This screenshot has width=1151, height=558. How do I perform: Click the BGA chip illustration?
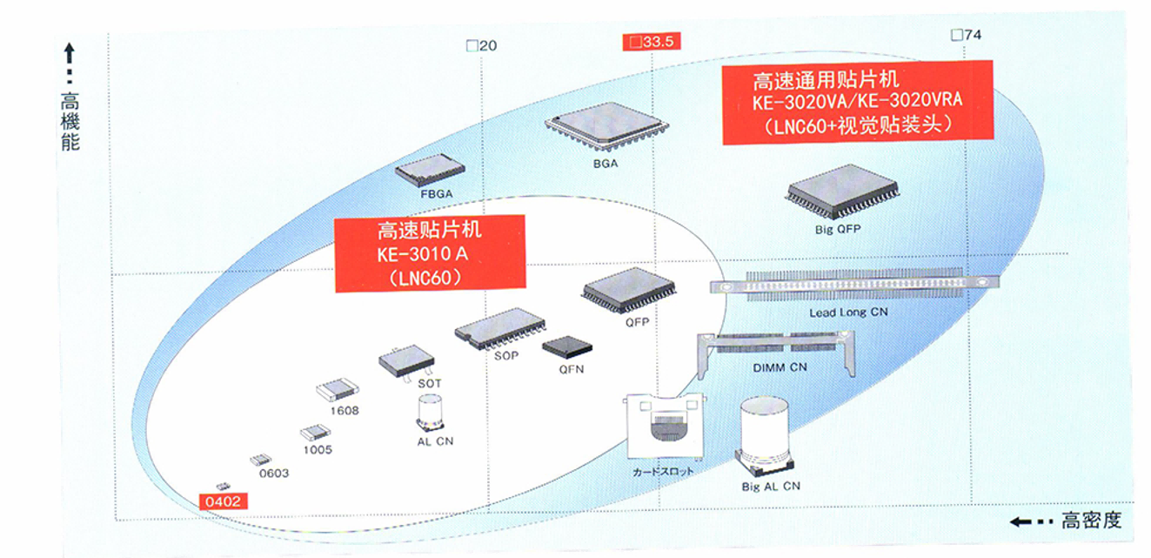coord(606,127)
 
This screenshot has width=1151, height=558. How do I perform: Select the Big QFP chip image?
coord(841,191)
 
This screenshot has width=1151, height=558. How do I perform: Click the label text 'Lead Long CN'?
coord(849,313)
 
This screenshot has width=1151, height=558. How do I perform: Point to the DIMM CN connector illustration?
coord(778,350)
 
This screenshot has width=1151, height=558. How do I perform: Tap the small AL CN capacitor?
coord(431,412)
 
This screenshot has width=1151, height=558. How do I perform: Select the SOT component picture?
coord(406,360)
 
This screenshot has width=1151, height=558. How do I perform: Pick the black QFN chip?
coord(566,347)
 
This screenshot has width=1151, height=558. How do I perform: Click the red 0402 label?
coord(223,501)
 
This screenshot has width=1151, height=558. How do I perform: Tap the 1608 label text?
coord(344,410)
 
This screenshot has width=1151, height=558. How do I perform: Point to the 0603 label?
coord(274,473)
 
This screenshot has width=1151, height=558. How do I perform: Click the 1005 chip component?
coord(315,433)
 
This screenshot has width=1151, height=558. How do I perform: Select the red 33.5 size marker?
coord(652,41)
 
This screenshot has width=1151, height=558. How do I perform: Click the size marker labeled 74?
coord(966,35)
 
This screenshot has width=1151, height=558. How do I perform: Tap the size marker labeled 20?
coord(482,45)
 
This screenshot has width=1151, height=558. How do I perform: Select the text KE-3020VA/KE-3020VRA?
coord(857,100)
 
